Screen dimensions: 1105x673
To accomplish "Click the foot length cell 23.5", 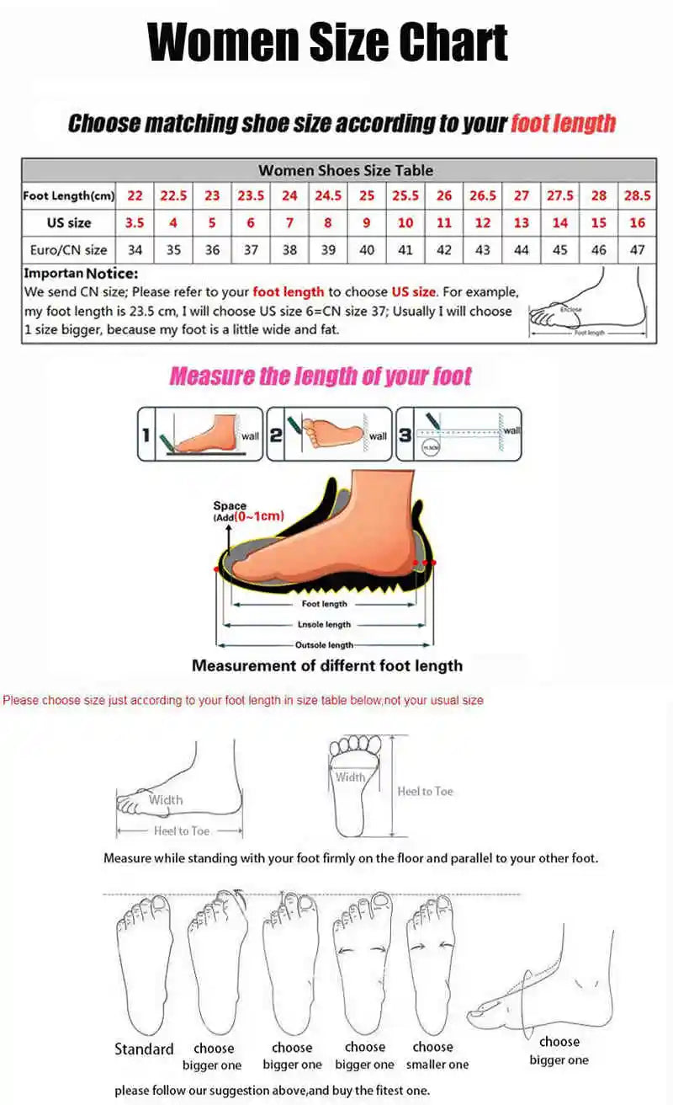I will tap(251, 195).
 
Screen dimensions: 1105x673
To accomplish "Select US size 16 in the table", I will tap(637, 223).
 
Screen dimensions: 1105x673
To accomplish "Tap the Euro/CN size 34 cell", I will tap(135, 250).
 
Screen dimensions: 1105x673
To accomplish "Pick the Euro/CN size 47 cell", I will tap(637, 250).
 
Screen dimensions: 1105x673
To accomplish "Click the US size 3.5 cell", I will tap(135, 223).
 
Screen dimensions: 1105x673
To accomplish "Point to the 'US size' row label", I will tap(69, 223).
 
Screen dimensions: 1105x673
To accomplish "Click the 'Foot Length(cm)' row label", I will tap(68, 196).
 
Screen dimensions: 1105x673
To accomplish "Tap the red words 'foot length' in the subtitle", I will tap(563, 124).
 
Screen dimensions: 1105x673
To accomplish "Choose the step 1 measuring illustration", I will tap(201, 434).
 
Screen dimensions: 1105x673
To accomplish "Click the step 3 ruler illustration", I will tap(459, 434).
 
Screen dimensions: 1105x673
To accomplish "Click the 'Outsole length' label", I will tap(324, 645).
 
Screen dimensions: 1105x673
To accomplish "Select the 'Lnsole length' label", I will tap(324, 625).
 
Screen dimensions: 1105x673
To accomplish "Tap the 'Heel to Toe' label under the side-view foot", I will tap(182, 831).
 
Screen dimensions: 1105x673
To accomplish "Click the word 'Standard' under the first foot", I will tap(144, 1049).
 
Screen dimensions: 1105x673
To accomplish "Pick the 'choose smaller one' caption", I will tap(437, 1056).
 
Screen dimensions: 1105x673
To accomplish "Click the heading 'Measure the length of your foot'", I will tap(321, 376).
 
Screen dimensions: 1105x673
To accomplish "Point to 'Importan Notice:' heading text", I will tap(81, 274).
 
